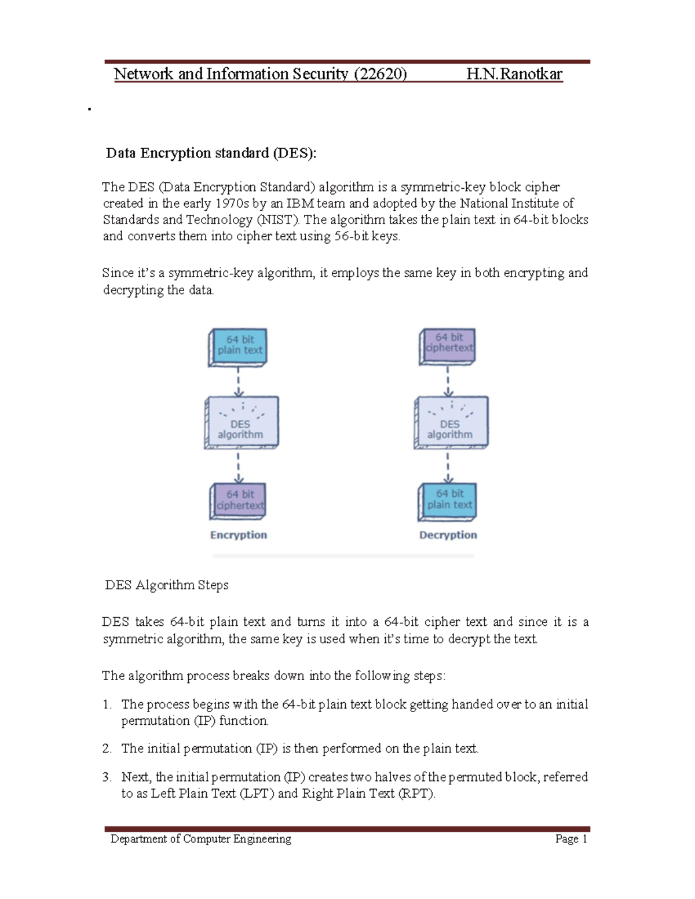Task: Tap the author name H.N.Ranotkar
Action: (514, 74)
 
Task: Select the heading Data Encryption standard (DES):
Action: (211, 153)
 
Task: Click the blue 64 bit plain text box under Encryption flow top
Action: (239, 346)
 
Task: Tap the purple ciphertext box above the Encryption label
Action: (239, 501)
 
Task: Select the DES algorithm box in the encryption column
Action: (242, 423)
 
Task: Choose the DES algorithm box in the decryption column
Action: (451, 423)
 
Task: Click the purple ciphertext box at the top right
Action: (448, 345)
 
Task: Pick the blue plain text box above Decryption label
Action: (448, 501)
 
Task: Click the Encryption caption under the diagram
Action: (239, 535)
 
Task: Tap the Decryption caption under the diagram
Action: (448, 535)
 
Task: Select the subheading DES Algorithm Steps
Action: (167, 585)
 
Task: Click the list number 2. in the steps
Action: (107, 749)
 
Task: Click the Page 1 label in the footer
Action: (571, 839)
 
